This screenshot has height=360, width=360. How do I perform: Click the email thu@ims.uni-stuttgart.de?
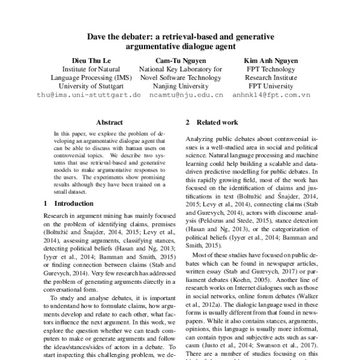click(x=88, y=95)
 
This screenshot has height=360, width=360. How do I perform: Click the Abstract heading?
click(x=109, y=121)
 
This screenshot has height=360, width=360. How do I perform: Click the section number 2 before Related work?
click(x=188, y=122)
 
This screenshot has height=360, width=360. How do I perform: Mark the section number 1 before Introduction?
click(x=46, y=203)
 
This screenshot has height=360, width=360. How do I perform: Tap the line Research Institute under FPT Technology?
click(x=270, y=78)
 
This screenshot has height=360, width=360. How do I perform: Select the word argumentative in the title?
click(x=155, y=46)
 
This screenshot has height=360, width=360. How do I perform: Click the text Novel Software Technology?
click(x=179, y=78)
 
